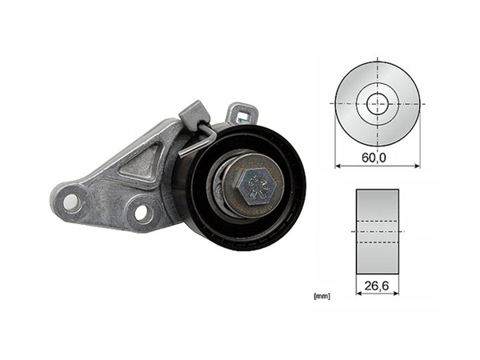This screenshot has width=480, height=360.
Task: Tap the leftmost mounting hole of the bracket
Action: [70, 200]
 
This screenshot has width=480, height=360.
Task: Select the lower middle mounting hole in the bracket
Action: [142, 213]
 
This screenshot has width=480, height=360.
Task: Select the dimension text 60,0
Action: [373, 158]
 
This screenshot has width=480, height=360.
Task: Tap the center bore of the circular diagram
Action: [377, 103]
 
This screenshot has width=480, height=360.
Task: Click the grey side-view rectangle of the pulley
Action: [377, 232]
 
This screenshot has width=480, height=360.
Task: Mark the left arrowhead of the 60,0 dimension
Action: [338, 166]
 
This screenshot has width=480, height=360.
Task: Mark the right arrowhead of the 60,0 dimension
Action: [416, 166]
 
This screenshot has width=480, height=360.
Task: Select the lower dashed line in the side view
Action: [377, 243]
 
